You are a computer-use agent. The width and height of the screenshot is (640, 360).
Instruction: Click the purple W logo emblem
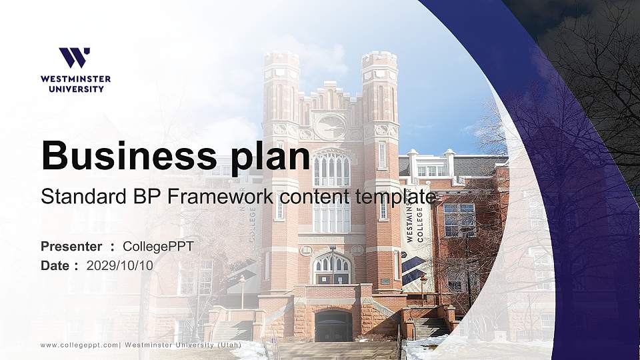[x=75, y=57]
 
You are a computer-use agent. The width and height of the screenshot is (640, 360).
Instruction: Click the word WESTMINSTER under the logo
[x=75, y=79]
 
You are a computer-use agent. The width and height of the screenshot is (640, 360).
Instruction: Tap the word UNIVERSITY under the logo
[x=75, y=88]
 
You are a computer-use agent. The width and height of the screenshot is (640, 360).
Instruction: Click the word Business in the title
[x=123, y=155]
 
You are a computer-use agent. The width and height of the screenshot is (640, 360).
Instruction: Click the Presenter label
[x=71, y=247]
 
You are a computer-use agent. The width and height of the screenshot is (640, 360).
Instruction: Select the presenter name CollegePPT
[x=158, y=247]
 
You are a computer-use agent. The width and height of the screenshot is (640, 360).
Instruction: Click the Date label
[x=55, y=265]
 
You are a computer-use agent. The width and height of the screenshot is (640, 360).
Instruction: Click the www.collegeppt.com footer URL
[x=79, y=345]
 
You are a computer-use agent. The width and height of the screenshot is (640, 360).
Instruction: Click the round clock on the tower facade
[x=331, y=126]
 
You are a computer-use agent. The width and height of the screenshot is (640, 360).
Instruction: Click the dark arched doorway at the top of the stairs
[x=333, y=326]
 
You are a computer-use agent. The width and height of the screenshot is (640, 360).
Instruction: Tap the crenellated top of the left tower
[x=281, y=59]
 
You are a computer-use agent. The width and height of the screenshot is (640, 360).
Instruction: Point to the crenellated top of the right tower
[x=379, y=59]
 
